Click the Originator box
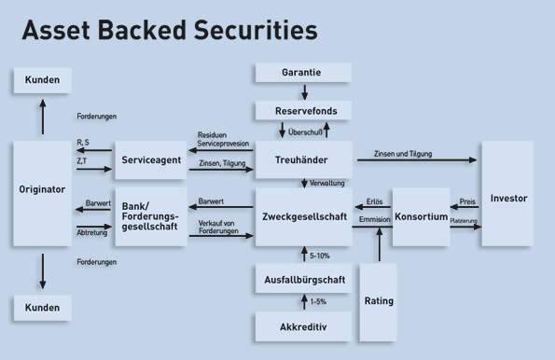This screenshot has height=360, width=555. tap(42, 189)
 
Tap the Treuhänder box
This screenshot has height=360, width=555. tap(302, 160)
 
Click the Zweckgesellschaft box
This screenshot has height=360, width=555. tap(302, 216)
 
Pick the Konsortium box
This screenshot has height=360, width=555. tap(421, 216)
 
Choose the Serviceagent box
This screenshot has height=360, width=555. tap(150, 160)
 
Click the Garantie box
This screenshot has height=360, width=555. tap(302, 72)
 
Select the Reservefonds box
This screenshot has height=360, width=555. tap(302, 110)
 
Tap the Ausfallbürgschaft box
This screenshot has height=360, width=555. tap(302, 277)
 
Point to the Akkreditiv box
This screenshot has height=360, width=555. tap(302, 326)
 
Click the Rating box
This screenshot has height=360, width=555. tap(378, 300)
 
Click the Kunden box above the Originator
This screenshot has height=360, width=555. tap(42, 80)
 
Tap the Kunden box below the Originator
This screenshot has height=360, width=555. tap(42, 308)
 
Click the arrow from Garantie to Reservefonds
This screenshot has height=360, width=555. tap(303, 91)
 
